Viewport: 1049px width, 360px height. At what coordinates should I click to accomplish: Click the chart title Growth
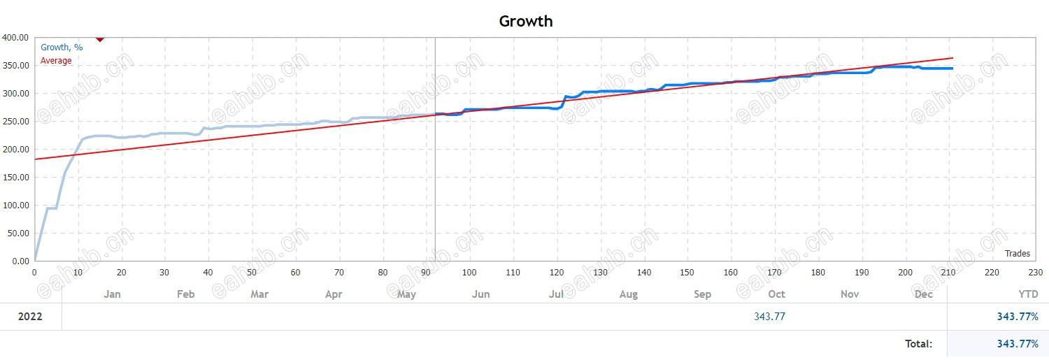click(x=526, y=21)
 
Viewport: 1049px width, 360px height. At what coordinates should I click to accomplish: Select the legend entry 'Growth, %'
click(x=62, y=48)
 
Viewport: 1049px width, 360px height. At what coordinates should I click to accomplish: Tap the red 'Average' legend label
click(x=56, y=61)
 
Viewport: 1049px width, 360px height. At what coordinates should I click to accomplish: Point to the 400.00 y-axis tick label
click(x=15, y=38)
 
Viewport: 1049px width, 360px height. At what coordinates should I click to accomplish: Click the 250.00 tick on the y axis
click(x=15, y=122)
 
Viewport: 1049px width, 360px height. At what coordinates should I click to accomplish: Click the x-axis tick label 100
click(x=469, y=273)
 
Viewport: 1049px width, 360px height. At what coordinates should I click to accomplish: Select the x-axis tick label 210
click(x=949, y=273)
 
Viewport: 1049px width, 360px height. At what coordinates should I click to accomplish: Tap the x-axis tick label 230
click(x=1036, y=273)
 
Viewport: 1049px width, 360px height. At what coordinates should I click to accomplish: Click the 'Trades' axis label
click(x=1018, y=254)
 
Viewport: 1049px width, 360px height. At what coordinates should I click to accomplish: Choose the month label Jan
click(x=112, y=294)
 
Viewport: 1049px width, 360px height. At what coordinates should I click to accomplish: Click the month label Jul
click(x=556, y=294)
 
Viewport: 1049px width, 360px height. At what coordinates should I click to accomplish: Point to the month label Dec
click(x=924, y=294)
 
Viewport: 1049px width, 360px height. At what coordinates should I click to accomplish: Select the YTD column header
click(x=1027, y=294)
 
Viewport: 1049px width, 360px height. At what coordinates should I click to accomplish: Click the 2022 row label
click(x=30, y=317)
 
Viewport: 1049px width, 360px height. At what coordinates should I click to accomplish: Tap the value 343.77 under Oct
click(x=769, y=317)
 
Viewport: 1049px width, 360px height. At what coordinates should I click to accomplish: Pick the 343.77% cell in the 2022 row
click(x=1018, y=317)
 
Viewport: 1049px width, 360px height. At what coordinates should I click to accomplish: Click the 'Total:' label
click(x=918, y=344)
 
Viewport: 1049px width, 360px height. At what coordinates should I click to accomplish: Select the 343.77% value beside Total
click(x=1018, y=344)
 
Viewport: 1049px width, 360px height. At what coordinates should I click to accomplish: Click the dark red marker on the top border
click(x=100, y=38)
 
